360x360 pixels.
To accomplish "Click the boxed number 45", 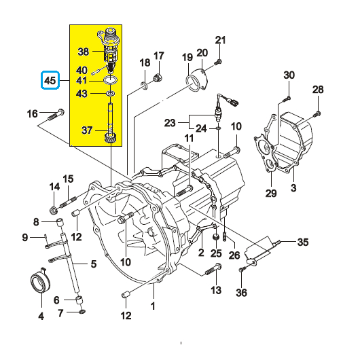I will [x=49, y=82].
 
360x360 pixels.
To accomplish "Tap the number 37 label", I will [x=86, y=130].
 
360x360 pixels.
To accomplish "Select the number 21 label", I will [x=219, y=39].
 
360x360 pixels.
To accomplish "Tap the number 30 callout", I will [x=288, y=75].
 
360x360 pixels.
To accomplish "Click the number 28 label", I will [x=318, y=90].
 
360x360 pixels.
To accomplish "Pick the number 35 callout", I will [x=303, y=241].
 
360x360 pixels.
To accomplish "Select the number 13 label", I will [x=216, y=291].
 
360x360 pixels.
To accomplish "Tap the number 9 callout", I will [x=24, y=237].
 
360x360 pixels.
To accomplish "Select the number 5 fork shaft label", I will [x=94, y=264].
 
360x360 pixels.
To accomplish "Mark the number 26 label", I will [x=234, y=255].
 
